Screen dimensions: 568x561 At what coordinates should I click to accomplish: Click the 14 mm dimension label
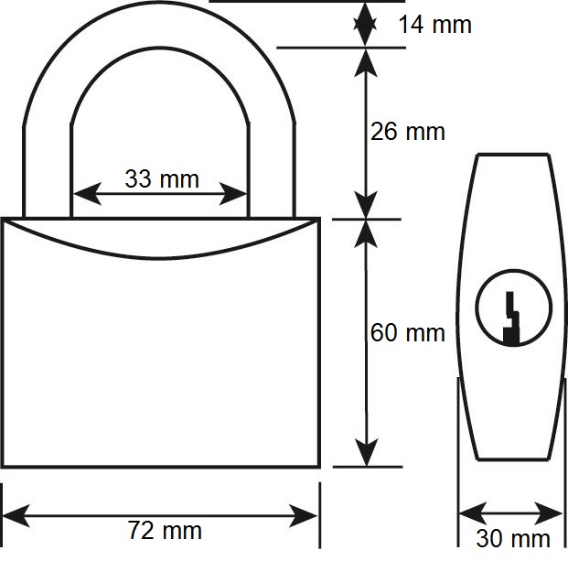tap(434, 25)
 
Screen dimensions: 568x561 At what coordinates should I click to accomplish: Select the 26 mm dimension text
tap(408, 131)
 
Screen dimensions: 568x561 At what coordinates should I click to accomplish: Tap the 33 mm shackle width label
tap(162, 179)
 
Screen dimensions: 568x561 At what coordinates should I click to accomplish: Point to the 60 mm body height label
tap(408, 332)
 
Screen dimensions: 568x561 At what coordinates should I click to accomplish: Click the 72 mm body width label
tap(165, 530)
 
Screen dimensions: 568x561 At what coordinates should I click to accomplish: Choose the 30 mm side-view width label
tap(513, 538)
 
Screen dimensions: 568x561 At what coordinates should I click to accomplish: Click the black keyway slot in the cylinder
tap(512, 318)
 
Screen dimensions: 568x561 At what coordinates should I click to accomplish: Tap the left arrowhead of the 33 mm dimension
tap(87, 194)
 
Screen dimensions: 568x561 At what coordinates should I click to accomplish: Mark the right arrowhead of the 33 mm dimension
tap(233, 194)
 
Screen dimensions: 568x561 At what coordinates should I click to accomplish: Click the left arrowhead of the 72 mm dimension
tap(16, 515)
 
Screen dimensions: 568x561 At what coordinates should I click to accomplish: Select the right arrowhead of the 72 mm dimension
tap(304, 515)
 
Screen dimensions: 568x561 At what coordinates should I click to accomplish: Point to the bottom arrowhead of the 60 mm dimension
tap(367, 452)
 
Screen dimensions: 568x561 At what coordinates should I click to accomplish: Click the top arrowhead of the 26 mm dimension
tap(366, 63)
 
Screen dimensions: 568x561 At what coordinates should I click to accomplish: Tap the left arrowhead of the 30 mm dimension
tap(473, 513)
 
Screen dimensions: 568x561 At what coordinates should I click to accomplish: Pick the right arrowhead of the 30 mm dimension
tap(549, 513)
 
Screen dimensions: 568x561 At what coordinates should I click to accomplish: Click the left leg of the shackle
tap(48, 171)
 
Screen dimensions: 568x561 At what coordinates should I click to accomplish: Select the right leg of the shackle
tap(272, 171)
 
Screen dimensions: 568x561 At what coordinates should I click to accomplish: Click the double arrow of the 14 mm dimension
tap(365, 25)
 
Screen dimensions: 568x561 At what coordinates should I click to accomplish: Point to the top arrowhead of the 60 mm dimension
tap(366, 234)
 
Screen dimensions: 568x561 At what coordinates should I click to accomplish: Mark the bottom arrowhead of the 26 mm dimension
tap(366, 204)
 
